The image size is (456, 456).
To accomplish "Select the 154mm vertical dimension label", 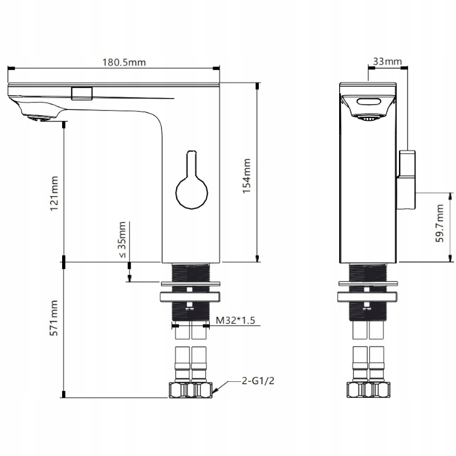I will tap(246, 176).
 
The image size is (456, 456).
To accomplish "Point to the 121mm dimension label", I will tap(54, 194).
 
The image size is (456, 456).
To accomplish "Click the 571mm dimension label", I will tap(54, 318).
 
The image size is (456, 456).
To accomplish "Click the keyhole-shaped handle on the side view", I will tap(191, 185).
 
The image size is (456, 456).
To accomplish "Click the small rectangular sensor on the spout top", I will tap(82, 93).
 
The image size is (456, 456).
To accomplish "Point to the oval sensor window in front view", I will tap(369, 103).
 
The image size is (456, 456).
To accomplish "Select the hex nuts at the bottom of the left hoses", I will tap(191, 390).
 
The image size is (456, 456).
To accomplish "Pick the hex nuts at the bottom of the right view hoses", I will tap(369, 390).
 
